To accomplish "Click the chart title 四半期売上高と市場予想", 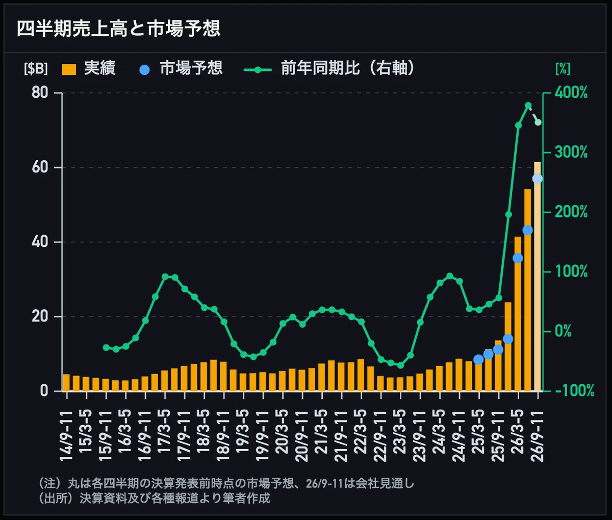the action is (x=118, y=29).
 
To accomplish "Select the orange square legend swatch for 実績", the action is (x=69, y=69).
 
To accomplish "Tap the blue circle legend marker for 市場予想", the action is (x=144, y=70).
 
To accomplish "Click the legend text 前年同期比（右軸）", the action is (x=348, y=68).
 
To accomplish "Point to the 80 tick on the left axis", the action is (x=40, y=93).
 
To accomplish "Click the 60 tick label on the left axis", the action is (x=40, y=167).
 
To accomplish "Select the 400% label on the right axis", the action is (x=571, y=93).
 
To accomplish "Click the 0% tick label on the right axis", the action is (x=563, y=331).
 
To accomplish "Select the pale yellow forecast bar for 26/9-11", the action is (x=538, y=277).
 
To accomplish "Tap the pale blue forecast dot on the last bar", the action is (x=538, y=179).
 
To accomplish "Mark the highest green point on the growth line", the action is (x=528, y=106).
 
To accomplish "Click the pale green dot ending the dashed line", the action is (x=538, y=122).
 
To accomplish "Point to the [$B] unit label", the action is (x=36, y=69).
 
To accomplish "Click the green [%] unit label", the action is (x=563, y=69).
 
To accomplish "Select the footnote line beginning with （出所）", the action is (x=154, y=498).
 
